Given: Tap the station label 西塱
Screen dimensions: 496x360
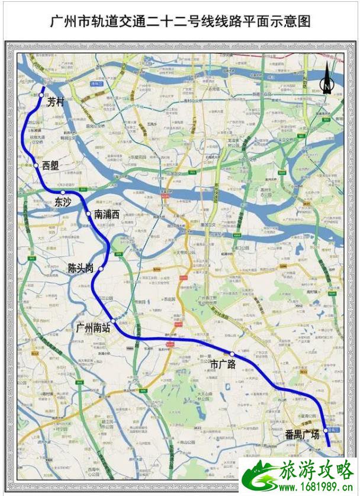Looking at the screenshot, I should tap(51, 166).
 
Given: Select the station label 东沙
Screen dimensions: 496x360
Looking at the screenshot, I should tap(63, 202).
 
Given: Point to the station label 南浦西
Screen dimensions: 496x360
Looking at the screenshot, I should tap(107, 215).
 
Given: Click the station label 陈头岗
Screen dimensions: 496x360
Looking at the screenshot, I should tap(81, 268).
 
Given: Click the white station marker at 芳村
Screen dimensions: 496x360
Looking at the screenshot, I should tap(41, 94).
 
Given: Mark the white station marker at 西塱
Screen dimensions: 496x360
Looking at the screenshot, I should tap(36, 166).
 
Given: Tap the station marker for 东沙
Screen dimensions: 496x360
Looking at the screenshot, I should tap(63, 192).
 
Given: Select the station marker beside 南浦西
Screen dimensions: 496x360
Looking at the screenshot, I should tap(88, 214).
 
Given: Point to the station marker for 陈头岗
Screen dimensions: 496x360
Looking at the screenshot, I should tap(101, 269).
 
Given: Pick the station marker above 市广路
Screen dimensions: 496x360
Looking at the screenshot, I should tap(232, 354).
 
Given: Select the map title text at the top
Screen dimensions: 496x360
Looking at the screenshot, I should tap(179, 22).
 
